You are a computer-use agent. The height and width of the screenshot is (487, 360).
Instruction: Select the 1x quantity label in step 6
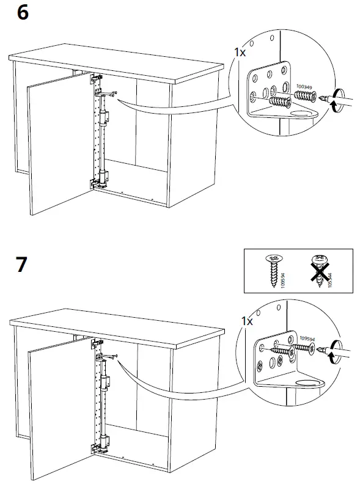point(240,53)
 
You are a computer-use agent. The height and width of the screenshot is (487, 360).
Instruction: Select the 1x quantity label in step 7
point(246,320)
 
